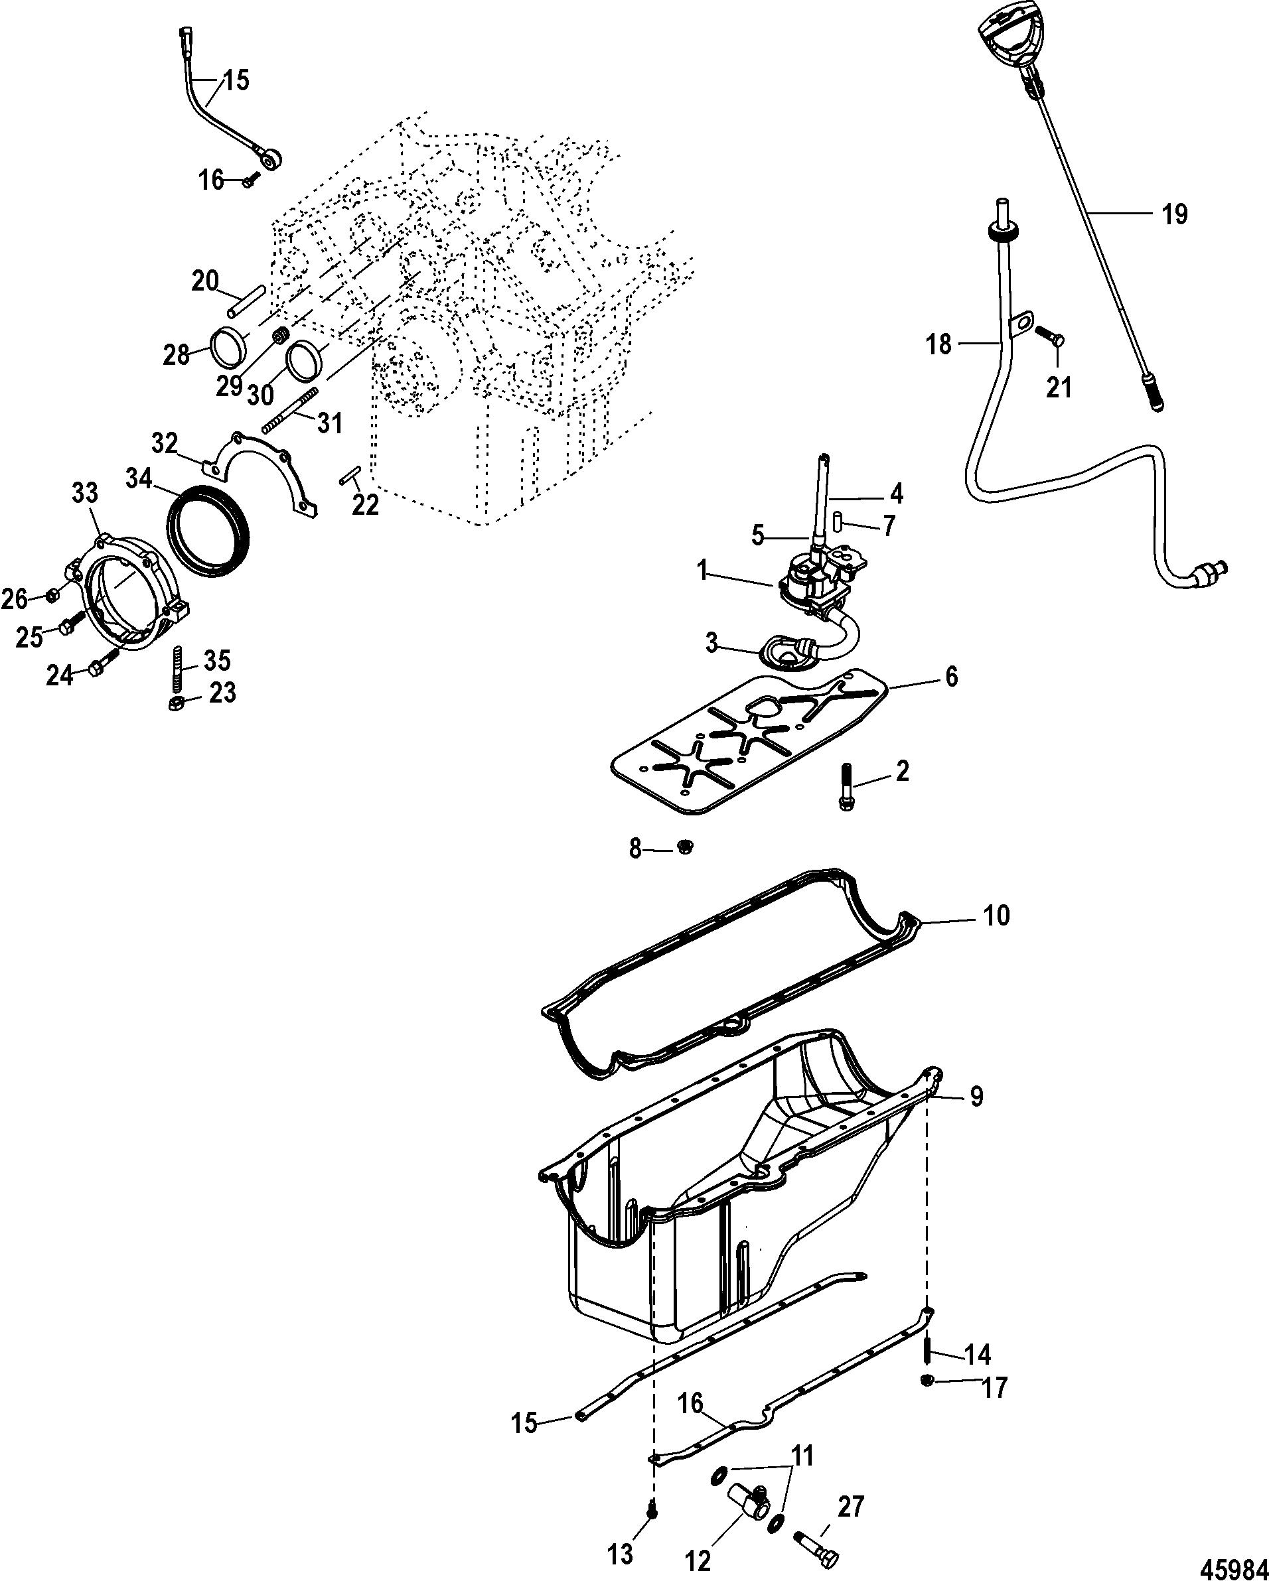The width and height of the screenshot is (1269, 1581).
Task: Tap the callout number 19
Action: click(1174, 214)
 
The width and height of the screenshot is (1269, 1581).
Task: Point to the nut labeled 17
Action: click(927, 1381)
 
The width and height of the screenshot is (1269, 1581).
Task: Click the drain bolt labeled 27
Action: click(817, 1540)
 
